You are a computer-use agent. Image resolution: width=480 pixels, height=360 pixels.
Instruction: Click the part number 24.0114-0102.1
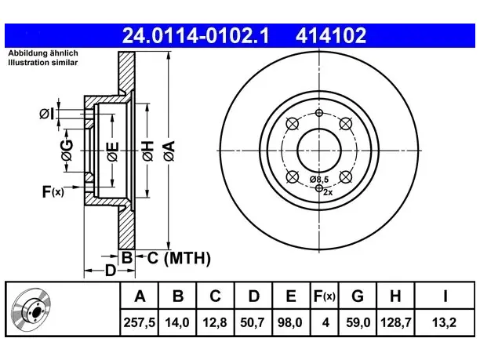coord(195,35)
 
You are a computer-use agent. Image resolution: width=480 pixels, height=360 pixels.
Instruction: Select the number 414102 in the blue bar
coord(331,35)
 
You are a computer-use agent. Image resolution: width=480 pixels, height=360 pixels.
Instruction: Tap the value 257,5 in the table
coord(140,322)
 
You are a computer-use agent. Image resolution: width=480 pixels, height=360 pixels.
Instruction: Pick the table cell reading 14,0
coord(177,322)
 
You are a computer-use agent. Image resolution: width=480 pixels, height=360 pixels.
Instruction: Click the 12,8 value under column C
coord(215,322)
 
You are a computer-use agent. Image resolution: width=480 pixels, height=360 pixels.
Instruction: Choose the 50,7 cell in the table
coord(253,322)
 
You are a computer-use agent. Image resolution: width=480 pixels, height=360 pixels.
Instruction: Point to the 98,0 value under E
coord(290,322)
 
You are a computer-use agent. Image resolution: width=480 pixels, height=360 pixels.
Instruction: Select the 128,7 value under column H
coord(395,322)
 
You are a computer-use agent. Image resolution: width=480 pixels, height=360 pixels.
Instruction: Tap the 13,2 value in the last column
coord(444,322)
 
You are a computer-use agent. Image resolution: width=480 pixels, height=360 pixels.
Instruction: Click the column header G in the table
coord(358,296)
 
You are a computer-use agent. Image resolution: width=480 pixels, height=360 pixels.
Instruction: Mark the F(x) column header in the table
coord(325,296)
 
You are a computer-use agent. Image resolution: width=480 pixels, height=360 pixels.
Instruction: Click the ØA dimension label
coord(169,151)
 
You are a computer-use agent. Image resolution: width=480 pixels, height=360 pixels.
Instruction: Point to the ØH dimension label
coord(148,151)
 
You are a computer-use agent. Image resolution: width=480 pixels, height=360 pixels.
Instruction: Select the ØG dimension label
coord(67,151)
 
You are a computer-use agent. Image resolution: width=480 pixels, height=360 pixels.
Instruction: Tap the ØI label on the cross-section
coord(47,115)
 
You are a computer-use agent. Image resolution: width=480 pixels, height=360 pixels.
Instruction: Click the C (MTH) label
coord(179,258)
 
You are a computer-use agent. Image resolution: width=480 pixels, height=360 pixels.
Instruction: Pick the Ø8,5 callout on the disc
coord(319,180)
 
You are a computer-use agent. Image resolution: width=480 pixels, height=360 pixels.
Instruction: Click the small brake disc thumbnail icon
coord(31,310)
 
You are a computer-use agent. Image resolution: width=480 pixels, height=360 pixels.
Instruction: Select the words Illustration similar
coord(43,63)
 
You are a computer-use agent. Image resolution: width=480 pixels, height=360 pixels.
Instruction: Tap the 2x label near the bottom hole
coord(328,192)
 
